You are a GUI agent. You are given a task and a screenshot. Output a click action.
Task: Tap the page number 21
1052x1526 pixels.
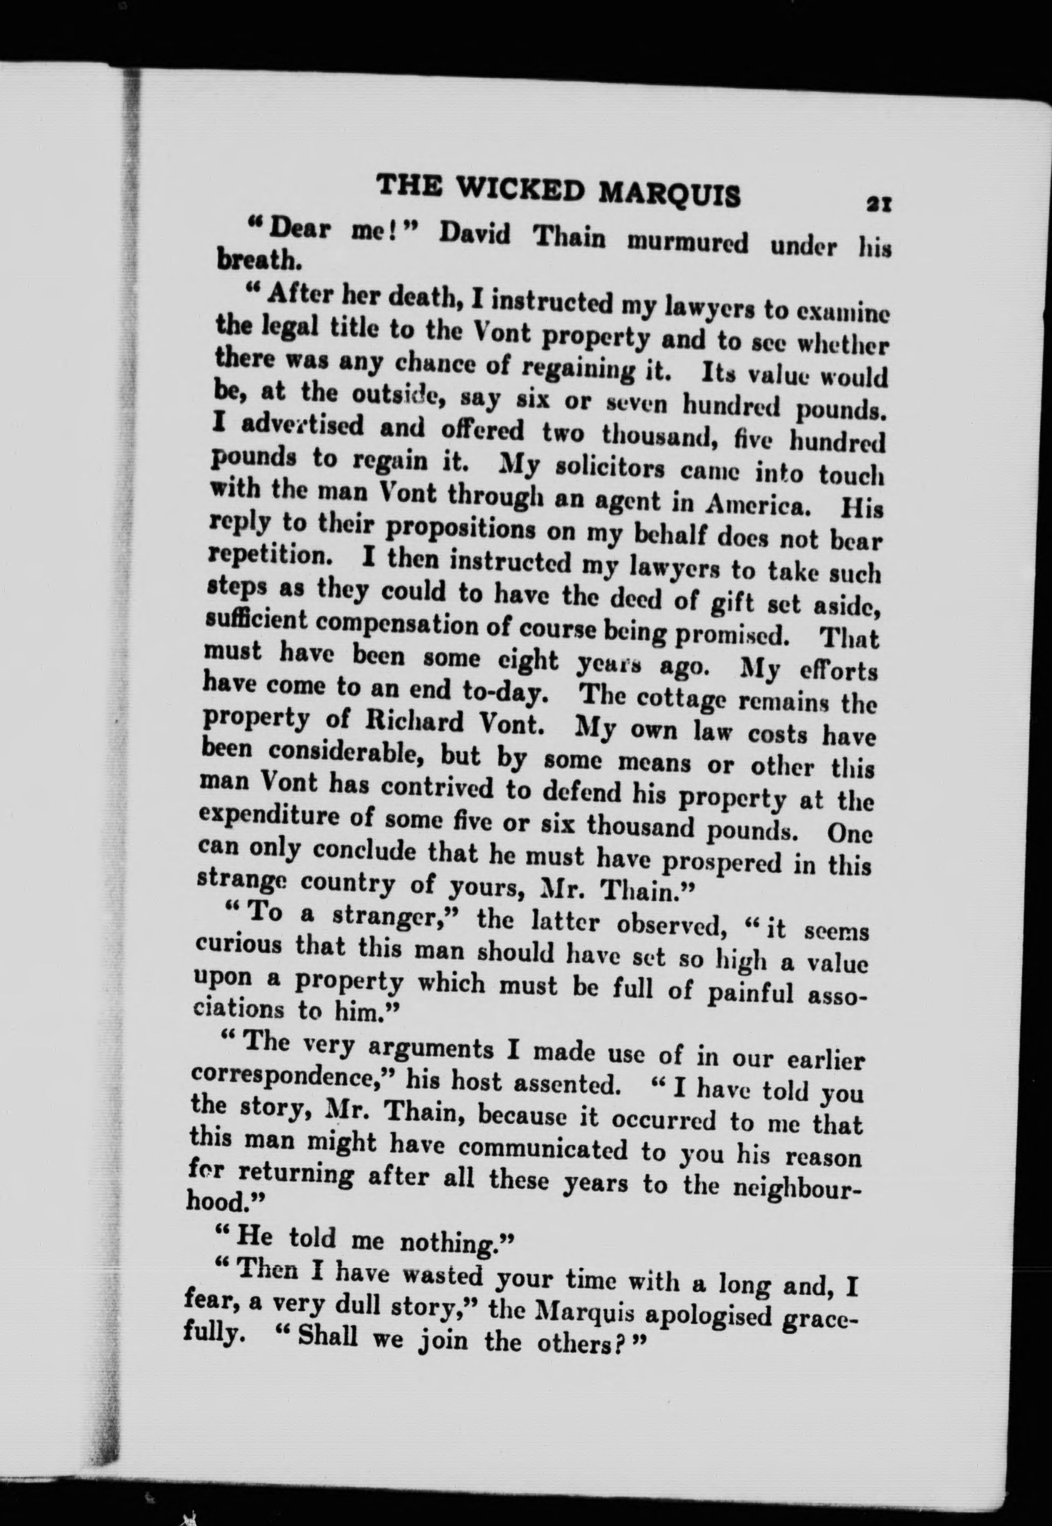879,204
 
